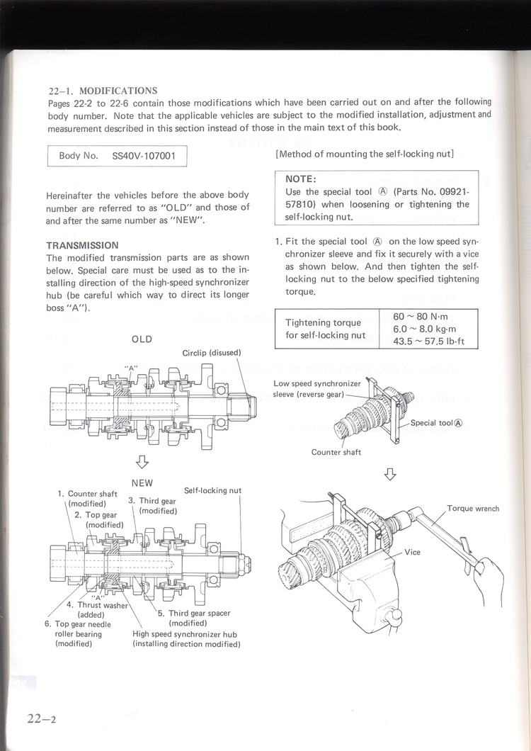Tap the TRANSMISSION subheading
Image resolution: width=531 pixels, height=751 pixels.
click(x=82, y=245)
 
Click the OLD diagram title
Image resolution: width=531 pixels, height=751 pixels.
click(x=142, y=339)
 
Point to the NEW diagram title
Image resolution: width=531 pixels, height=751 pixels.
click(x=142, y=483)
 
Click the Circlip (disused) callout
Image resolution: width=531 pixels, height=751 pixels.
click(x=212, y=353)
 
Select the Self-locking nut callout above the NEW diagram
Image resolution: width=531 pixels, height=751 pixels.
click(x=212, y=490)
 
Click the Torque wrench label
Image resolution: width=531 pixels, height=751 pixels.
click(x=472, y=509)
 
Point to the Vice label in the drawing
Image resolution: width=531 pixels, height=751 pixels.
click(x=412, y=553)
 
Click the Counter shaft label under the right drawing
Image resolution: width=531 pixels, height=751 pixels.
click(x=336, y=452)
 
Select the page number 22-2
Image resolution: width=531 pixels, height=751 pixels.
click(x=42, y=718)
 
